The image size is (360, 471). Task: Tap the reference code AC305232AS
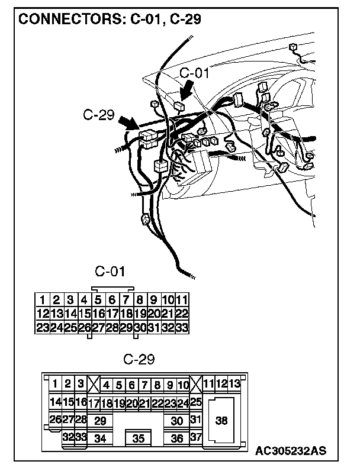290,451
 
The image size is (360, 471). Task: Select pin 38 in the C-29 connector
221,421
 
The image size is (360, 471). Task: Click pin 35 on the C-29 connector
139,438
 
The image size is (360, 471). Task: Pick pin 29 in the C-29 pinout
100,421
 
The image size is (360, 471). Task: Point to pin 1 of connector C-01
43,299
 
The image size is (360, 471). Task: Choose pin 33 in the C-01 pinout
182,327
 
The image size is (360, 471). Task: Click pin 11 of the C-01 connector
182,299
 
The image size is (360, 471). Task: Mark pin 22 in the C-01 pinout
182,313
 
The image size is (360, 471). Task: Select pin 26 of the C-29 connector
55,420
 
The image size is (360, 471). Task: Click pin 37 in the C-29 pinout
197,437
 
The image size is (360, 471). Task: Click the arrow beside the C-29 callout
128,124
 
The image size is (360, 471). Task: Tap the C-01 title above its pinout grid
110,272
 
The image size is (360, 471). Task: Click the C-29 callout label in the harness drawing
98,114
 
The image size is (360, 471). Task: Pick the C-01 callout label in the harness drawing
194,73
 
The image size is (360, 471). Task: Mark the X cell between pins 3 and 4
94,383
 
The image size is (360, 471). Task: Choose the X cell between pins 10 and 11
197,383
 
